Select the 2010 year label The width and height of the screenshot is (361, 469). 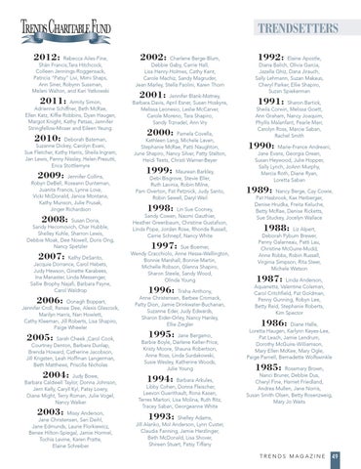coord(27,139)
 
